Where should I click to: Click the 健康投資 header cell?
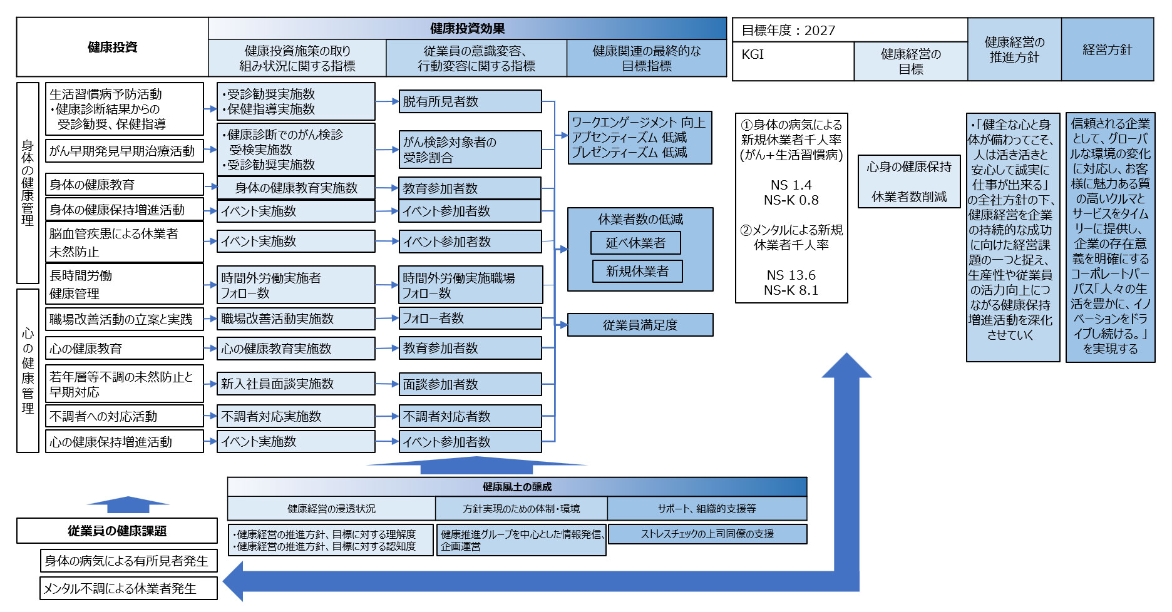(x=113, y=48)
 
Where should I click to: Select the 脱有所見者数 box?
(x=470, y=101)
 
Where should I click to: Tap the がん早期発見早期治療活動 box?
(x=125, y=151)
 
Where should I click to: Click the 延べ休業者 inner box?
(x=635, y=243)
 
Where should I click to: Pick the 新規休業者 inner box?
(x=637, y=271)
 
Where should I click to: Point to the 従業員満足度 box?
(x=640, y=325)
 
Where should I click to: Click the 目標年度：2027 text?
(x=788, y=30)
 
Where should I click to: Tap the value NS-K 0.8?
(x=791, y=200)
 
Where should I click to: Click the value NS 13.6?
(x=791, y=275)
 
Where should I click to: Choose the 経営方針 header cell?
(x=1107, y=49)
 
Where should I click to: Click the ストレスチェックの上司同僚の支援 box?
(x=707, y=534)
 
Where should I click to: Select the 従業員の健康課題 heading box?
(x=117, y=531)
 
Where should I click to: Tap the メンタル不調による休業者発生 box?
(x=128, y=588)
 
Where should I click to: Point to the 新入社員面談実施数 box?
(x=296, y=384)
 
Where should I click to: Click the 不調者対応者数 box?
(x=470, y=416)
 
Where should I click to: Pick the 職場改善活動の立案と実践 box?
(x=124, y=319)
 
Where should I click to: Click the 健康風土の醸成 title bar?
(x=517, y=487)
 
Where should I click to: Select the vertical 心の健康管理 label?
(x=28, y=370)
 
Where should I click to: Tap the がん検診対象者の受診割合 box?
(x=470, y=150)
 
